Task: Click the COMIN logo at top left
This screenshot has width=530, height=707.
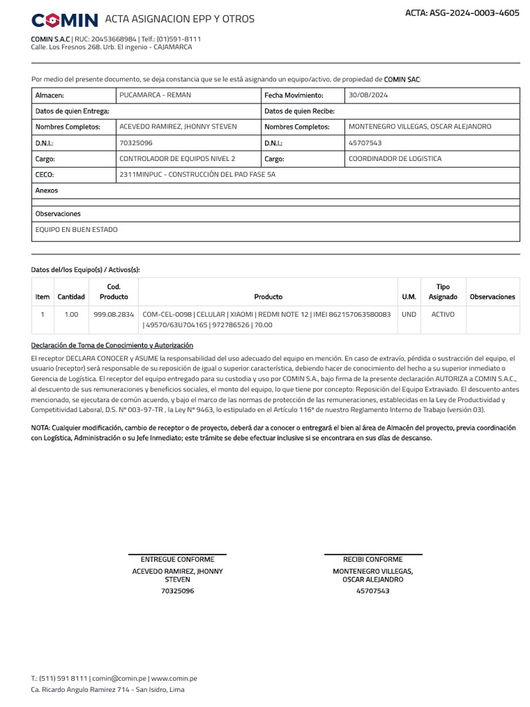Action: tap(65, 19)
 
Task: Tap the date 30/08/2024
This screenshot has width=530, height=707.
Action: tap(369, 95)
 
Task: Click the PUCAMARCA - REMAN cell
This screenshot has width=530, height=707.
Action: tap(155, 95)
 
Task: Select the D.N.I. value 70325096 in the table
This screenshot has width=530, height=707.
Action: tap(136, 143)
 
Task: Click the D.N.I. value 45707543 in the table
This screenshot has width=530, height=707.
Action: tap(365, 143)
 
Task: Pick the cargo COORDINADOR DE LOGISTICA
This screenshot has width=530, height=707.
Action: tap(395, 159)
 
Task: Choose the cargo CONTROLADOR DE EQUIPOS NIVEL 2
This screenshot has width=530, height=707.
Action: tap(177, 159)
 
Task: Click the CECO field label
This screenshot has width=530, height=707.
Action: tap(44, 175)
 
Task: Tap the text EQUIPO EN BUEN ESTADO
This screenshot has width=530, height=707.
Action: tap(77, 229)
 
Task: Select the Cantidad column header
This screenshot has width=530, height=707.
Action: tap(71, 297)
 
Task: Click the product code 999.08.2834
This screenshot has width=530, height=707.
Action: tap(114, 314)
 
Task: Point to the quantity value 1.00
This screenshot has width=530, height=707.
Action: tap(71, 314)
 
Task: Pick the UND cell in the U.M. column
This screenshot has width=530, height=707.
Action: tap(409, 314)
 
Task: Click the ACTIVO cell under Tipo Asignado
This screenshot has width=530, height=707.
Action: tap(443, 314)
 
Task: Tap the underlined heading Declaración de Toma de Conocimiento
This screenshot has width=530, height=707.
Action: tap(112, 345)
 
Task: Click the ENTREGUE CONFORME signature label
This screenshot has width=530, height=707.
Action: tap(177, 559)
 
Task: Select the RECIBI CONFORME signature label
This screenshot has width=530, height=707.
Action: tap(373, 559)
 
